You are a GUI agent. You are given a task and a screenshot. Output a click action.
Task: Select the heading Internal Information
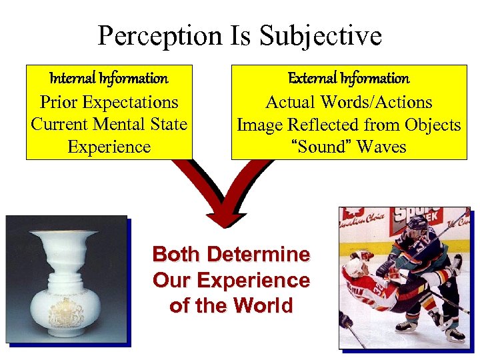109,79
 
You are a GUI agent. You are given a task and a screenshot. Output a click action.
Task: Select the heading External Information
349,79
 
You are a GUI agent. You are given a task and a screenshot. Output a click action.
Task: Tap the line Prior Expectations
109,103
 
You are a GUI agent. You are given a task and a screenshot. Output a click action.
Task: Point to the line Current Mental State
109,125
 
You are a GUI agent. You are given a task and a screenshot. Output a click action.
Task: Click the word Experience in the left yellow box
109,147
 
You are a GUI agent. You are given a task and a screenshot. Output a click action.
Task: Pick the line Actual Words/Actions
349,103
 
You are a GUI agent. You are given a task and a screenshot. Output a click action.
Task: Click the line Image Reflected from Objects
349,125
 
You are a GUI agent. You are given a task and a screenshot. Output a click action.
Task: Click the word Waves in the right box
381,147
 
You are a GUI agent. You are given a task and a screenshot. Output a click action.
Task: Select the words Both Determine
231,255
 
